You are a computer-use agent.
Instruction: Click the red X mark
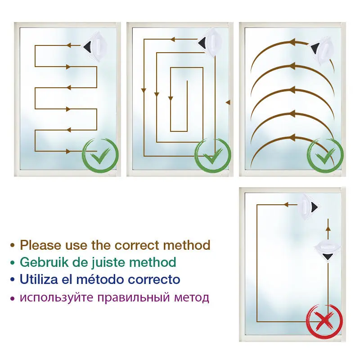[x=324, y=321]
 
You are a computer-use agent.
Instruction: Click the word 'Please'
[x=41, y=245]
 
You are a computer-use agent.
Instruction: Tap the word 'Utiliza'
[x=39, y=279]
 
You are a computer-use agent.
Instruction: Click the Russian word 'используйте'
[x=57, y=298]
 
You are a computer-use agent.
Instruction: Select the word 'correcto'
[x=154, y=279]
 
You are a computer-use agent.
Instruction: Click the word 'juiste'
[x=108, y=263]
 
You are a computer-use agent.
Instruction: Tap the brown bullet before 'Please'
[x=13, y=245]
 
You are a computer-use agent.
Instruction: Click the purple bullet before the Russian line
[x=13, y=298]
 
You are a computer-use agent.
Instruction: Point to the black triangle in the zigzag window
[x=88, y=47]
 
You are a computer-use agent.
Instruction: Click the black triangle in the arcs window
[x=315, y=49]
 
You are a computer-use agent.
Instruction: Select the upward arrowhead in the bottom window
[x=328, y=229]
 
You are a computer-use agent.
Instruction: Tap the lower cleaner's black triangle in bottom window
[x=328, y=256]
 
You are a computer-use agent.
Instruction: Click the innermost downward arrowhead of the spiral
[x=171, y=99]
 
